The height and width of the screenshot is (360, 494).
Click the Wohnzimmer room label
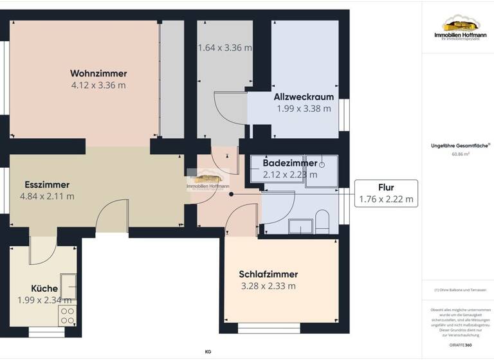[98, 73]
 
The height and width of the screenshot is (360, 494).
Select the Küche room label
[44, 289]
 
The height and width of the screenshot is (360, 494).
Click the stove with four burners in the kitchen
[68, 315]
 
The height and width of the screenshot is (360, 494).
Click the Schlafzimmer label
[268, 274]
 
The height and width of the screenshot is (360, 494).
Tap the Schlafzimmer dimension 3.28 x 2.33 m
[268, 286]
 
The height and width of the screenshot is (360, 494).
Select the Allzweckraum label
[304, 97]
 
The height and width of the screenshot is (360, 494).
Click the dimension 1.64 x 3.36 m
[224, 48]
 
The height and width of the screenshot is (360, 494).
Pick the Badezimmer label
[289, 163]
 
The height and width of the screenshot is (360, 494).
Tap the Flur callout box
[386, 194]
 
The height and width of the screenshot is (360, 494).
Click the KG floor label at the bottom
[208, 352]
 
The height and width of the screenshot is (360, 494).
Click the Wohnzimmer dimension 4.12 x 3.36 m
[98, 85]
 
